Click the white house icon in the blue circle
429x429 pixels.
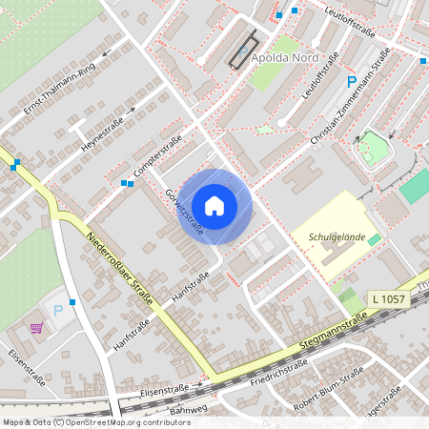tap(214, 206)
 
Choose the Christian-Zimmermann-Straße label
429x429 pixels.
tap(350, 99)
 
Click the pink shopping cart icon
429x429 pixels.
tap(36, 329)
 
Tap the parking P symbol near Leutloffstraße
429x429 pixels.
tap(352, 82)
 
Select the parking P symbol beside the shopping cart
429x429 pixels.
tap(58, 311)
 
